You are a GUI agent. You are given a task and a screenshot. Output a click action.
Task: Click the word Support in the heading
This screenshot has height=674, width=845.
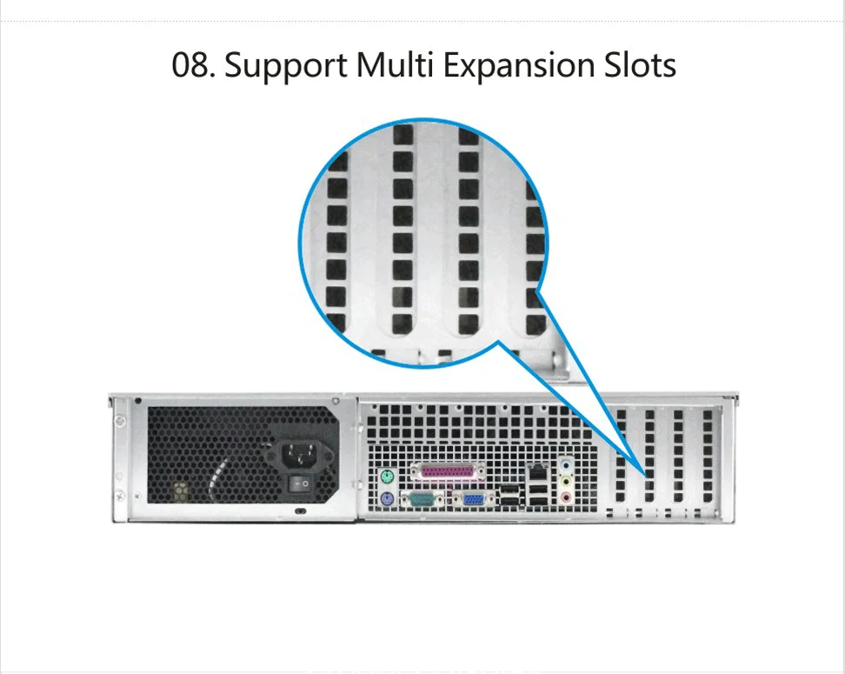[286, 66]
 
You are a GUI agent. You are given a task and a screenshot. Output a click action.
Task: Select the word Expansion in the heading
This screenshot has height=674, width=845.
[518, 66]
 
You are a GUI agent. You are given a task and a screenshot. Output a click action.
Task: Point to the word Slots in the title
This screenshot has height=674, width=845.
[640, 64]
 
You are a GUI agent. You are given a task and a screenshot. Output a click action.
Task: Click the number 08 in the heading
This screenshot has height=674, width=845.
[190, 65]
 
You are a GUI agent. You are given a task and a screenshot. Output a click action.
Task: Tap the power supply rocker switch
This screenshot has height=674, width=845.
[300, 484]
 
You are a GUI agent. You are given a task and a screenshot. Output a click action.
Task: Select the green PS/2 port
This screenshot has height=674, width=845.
[386, 477]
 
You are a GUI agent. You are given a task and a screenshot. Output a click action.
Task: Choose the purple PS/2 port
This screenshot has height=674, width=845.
[386, 499]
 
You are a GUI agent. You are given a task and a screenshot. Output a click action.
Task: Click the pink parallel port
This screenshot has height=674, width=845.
[448, 473]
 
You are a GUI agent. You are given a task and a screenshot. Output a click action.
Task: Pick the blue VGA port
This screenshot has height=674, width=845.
[474, 499]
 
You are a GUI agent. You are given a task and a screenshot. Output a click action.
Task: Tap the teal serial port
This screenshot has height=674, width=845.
[422, 499]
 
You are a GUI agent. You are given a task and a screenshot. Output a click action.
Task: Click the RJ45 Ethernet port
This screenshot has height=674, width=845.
[538, 472]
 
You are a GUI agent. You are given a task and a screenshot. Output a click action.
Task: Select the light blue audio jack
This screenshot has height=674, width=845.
[566, 464]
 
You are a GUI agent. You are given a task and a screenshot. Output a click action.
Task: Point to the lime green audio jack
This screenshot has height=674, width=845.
[566, 481]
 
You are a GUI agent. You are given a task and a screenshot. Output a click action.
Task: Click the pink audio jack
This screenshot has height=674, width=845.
[566, 497]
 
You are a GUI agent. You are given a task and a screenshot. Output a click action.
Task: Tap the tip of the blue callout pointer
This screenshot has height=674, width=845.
[646, 477]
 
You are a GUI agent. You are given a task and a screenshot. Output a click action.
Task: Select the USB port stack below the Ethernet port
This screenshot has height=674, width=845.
[538, 496]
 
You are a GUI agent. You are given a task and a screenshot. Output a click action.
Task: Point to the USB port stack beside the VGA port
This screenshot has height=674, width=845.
[509, 496]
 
